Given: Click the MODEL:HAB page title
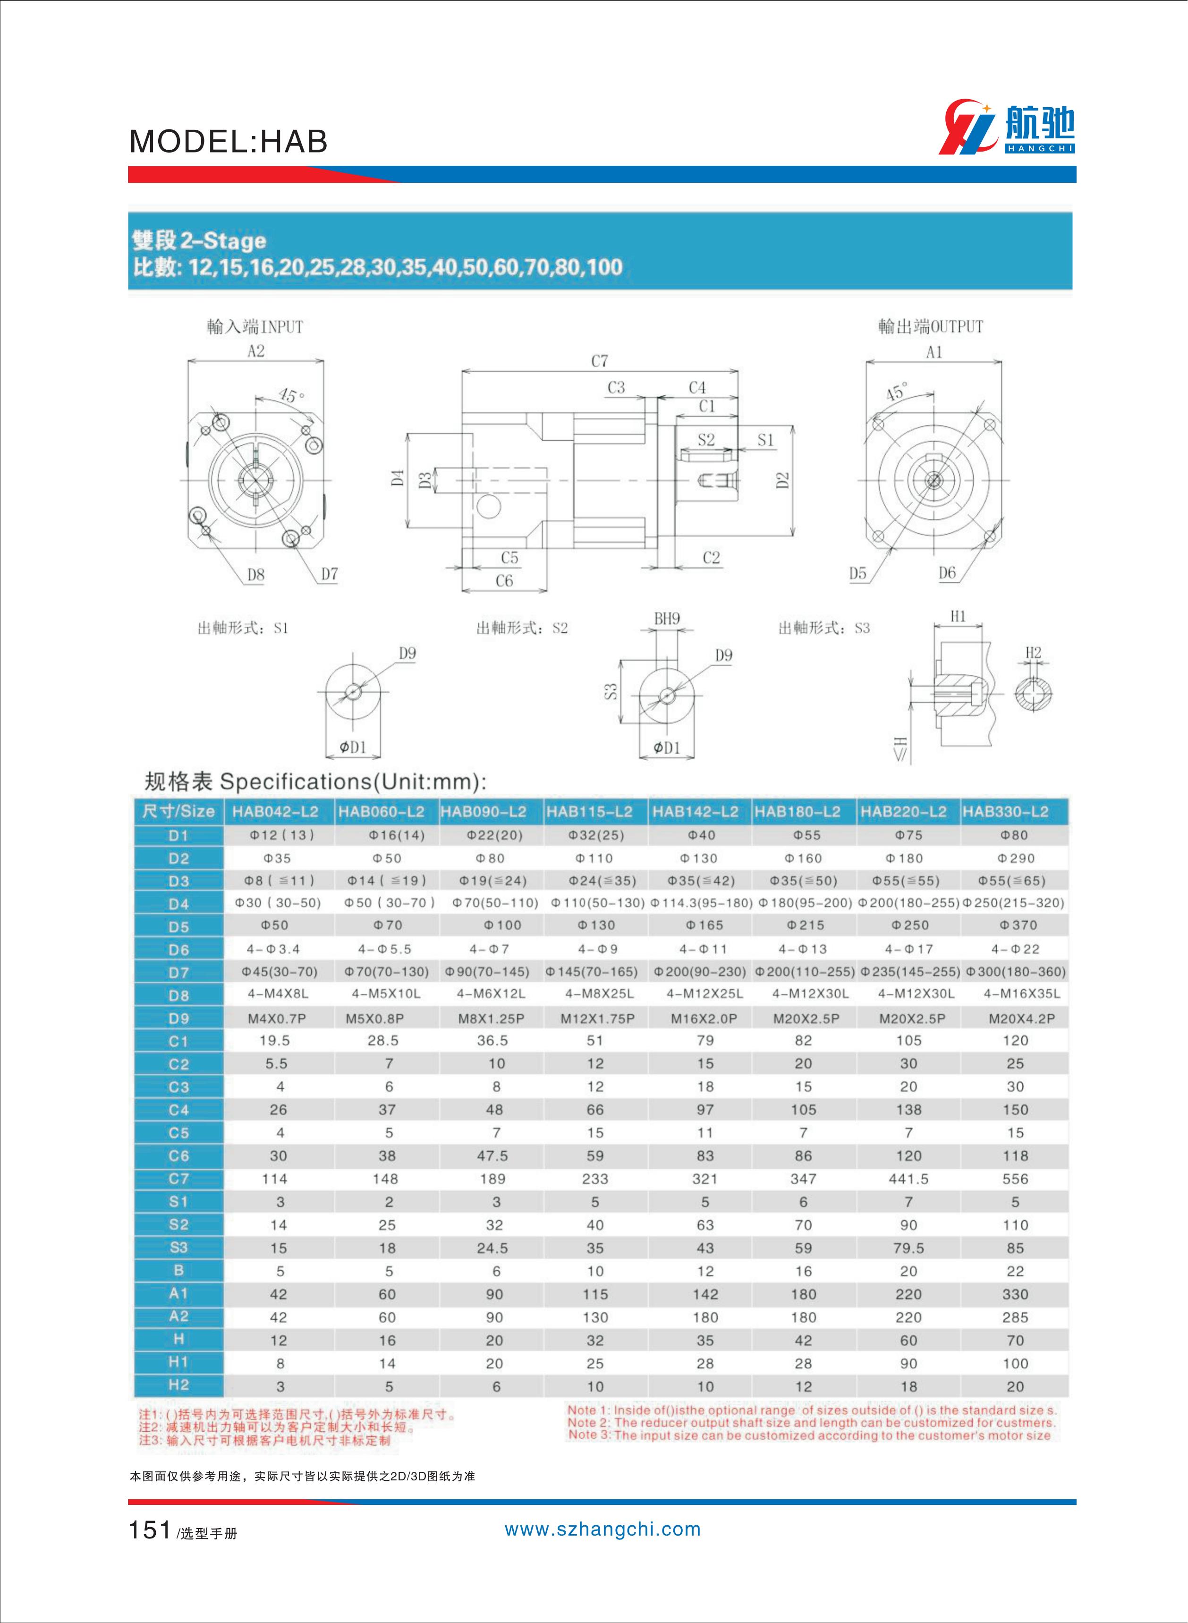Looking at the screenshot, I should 229,142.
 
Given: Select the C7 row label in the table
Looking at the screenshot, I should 178,1179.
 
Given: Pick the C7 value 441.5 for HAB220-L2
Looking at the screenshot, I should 908,1179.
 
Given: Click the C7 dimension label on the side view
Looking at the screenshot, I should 599,361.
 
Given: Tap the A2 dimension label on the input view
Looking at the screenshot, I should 255,351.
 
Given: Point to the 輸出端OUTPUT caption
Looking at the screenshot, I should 930,327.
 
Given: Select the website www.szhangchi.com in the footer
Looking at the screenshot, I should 602,1530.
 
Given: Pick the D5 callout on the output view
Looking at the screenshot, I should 857,573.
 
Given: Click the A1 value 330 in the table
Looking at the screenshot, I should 1015,1294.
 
